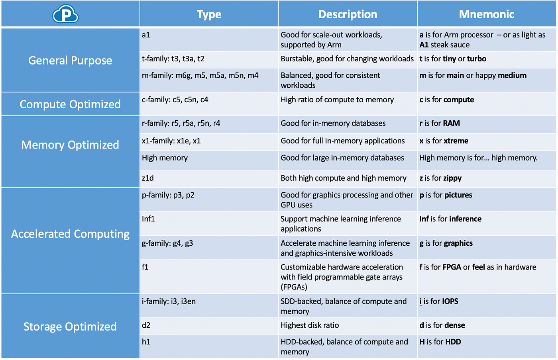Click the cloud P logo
[65, 14]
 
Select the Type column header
[209, 14]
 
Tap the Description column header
[348, 14]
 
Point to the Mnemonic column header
[486, 14]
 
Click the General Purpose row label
[70, 61]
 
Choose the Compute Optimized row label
[70, 104]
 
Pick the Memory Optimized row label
[70, 145]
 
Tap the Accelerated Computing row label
[70, 234]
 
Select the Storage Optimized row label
[70, 327]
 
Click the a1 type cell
[146, 35]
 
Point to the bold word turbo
[477, 59]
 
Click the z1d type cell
[147, 178]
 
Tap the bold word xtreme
[455, 141]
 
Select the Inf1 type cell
[148, 219]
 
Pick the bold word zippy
[452, 178]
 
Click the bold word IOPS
[450, 301]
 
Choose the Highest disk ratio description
[310, 325]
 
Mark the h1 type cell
[146, 342]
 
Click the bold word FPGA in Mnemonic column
[452, 267]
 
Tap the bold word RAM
[451, 123]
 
